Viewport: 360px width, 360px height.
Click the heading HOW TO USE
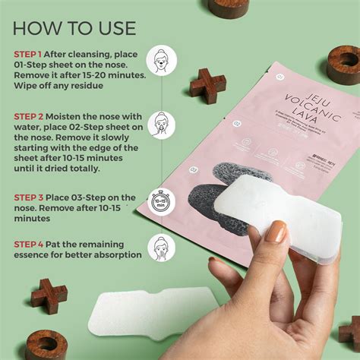point(74,28)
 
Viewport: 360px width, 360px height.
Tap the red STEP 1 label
point(29,55)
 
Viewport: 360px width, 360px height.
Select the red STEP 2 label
point(30,116)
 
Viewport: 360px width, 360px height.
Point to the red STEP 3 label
point(30,197)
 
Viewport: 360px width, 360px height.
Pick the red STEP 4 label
point(30,244)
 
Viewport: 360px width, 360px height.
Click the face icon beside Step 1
point(161,60)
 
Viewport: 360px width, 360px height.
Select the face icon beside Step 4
point(161,248)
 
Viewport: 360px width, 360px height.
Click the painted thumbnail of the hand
point(276,232)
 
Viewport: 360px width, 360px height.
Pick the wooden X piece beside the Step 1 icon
point(207,86)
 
